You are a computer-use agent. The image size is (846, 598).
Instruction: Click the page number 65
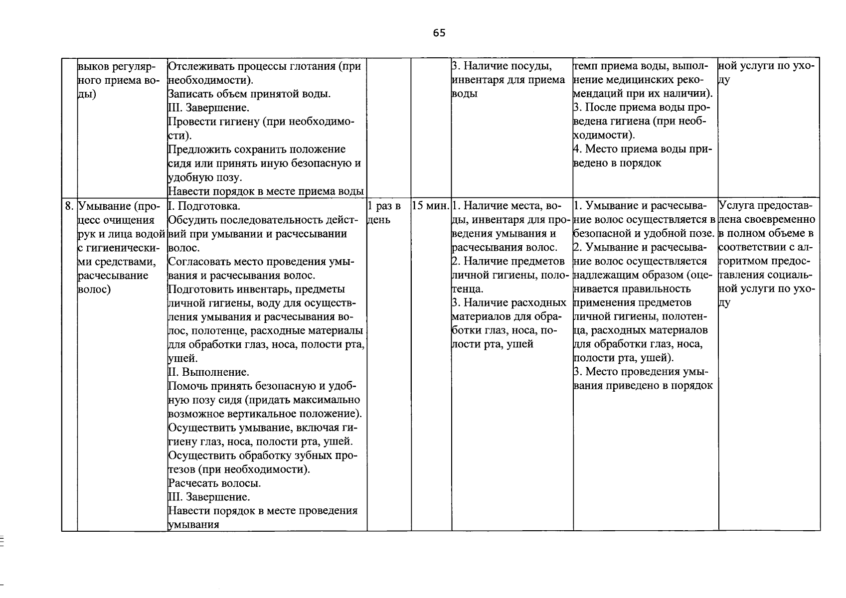[x=439, y=33]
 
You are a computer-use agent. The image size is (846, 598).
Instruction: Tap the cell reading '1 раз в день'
[x=384, y=212]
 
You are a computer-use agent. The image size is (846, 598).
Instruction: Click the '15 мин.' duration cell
[x=431, y=206]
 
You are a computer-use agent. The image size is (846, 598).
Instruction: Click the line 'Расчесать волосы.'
[x=214, y=483]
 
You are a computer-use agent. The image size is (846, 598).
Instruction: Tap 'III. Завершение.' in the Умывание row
[x=209, y=497]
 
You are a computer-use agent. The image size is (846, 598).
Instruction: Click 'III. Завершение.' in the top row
[x=209, y=108]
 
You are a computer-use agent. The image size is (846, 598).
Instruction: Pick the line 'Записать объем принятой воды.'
[x=249, y=94]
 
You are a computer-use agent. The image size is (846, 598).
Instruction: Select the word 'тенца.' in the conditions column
[x=467, y=289]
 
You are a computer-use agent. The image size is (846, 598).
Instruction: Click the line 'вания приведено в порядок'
[x=643, y=386]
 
